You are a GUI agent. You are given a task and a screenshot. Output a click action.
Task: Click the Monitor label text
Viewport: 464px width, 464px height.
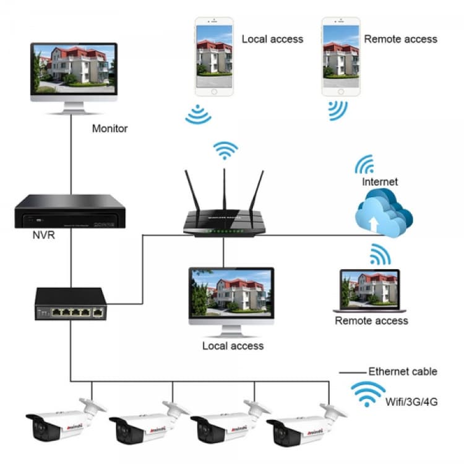110,129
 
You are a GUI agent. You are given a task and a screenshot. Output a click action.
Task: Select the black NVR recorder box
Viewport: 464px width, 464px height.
66,211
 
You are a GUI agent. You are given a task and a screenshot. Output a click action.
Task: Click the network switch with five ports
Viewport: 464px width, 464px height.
71,304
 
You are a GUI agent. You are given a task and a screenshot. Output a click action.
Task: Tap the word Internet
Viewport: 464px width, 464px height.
380,182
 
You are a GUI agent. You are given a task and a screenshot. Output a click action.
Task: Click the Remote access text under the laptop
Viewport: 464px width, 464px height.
371,320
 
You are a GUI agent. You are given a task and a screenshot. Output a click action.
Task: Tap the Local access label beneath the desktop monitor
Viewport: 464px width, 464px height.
233,346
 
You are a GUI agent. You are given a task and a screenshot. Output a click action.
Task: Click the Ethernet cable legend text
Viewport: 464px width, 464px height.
403,372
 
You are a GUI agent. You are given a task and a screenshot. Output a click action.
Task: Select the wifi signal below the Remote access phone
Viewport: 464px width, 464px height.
338,110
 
